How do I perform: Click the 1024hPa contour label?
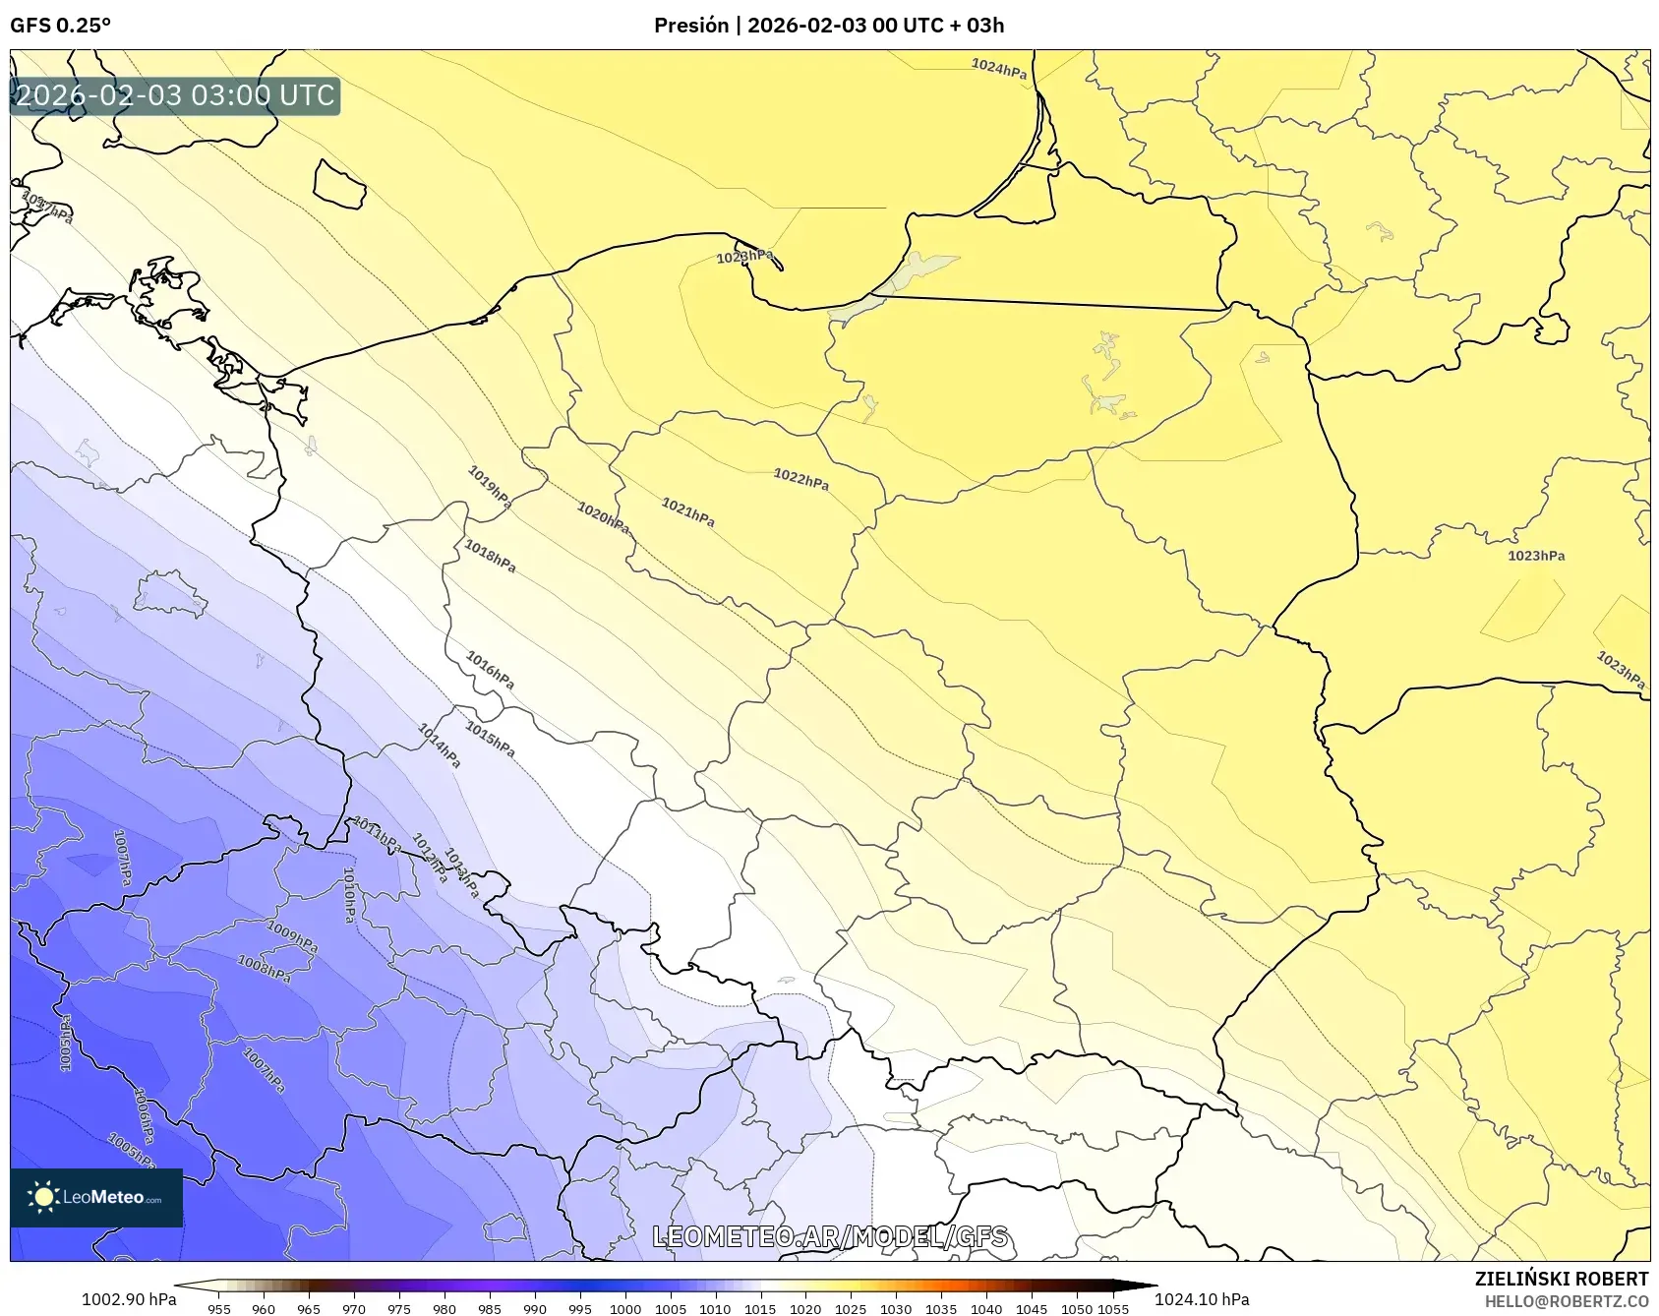pyautogui.click(x=998, y=68)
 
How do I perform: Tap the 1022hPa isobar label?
pyautogui.click(x=800, y=480)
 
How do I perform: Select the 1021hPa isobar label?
pyautogui.click(x=687, y=512)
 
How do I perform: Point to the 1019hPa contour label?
pyautogui.click(x=489, y=488)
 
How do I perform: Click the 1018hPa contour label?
pyautogui.click(x=490, y=558)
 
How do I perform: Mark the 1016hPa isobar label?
pyautogui.click(x=490, y=671)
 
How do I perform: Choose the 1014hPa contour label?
pyautogui.click(x=439, y=746)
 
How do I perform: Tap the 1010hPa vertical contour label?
pyautogui.click(x=349, y=894)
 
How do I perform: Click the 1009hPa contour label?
pyautogui.click(x=292, y=937)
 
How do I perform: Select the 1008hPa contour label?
pyautogui.click(x=265, y=969)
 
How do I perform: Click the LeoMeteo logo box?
pyautogui.click(x=96, y=1197)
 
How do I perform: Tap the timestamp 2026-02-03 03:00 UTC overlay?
pyautogui.click(x=175, y=95)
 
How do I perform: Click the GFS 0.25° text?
pyautogui.click(x=60, y=26)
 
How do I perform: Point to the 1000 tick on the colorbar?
pyautogui.click(x=625, y=1308)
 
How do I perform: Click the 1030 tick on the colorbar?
pyautogui.click(x=896, y=1308)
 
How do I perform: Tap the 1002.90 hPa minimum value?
pyautogui.click(x=129, y=1299)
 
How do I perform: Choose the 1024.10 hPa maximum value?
pyautogui.click(x=1202, y=1299)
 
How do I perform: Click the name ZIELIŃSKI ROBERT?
pyautogui.click(x=1561, y=1279)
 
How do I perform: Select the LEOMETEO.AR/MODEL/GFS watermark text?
pyautogui.click(x=830, y=1236)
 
